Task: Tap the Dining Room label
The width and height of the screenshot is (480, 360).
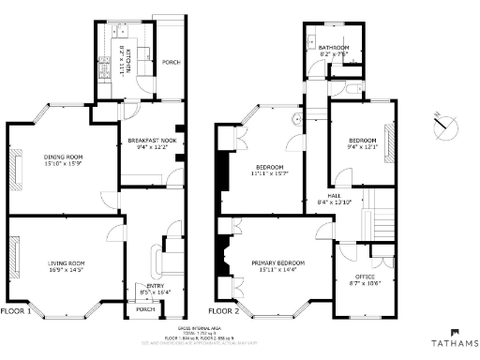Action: coord(63,157)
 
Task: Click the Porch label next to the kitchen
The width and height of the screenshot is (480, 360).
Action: coord(171,62)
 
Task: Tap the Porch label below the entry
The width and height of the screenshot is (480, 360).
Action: coord(145,308)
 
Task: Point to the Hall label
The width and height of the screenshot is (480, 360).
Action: coord(333,195)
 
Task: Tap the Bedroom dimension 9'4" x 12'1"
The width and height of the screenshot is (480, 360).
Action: coord(362,145)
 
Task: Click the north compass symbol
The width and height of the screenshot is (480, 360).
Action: coord(445,124)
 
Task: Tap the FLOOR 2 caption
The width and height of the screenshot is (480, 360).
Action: coord(224,310)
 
